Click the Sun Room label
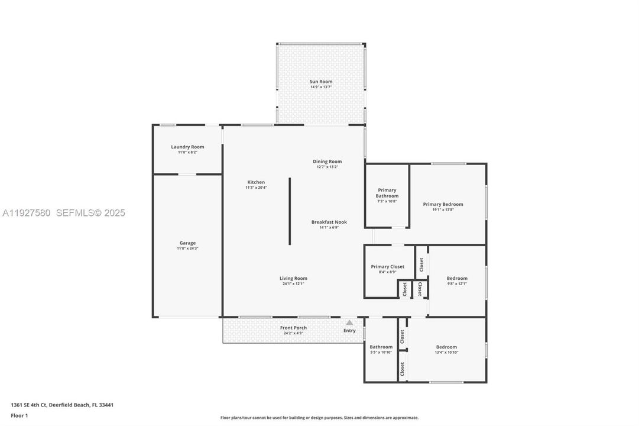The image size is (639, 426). pos(321,82)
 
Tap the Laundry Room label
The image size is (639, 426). pos(187,147)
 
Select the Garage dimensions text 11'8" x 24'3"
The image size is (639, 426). pos(187,248)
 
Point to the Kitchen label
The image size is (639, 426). pos(256,182)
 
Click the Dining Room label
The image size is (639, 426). pos(327,162)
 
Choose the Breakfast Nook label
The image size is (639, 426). pos(329,222)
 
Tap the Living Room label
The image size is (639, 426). pos(293,278)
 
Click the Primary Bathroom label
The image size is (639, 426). pos(387,193)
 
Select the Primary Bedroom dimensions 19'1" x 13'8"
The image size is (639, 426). pos(443,209)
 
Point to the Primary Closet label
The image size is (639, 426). pos(388,267)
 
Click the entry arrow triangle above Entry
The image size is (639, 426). pos(349,322)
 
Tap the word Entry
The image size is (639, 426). pos(349,331)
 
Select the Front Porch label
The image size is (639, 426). pos(293,328)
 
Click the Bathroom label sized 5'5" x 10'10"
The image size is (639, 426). pos(381,347)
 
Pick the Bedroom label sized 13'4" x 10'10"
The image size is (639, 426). pos(446,347)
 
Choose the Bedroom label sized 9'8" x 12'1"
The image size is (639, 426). pos(457,278)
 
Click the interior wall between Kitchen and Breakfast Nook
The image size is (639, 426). pos(290,211)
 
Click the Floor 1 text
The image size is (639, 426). pos(20,415)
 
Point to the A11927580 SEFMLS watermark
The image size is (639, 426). pos(64,213)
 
